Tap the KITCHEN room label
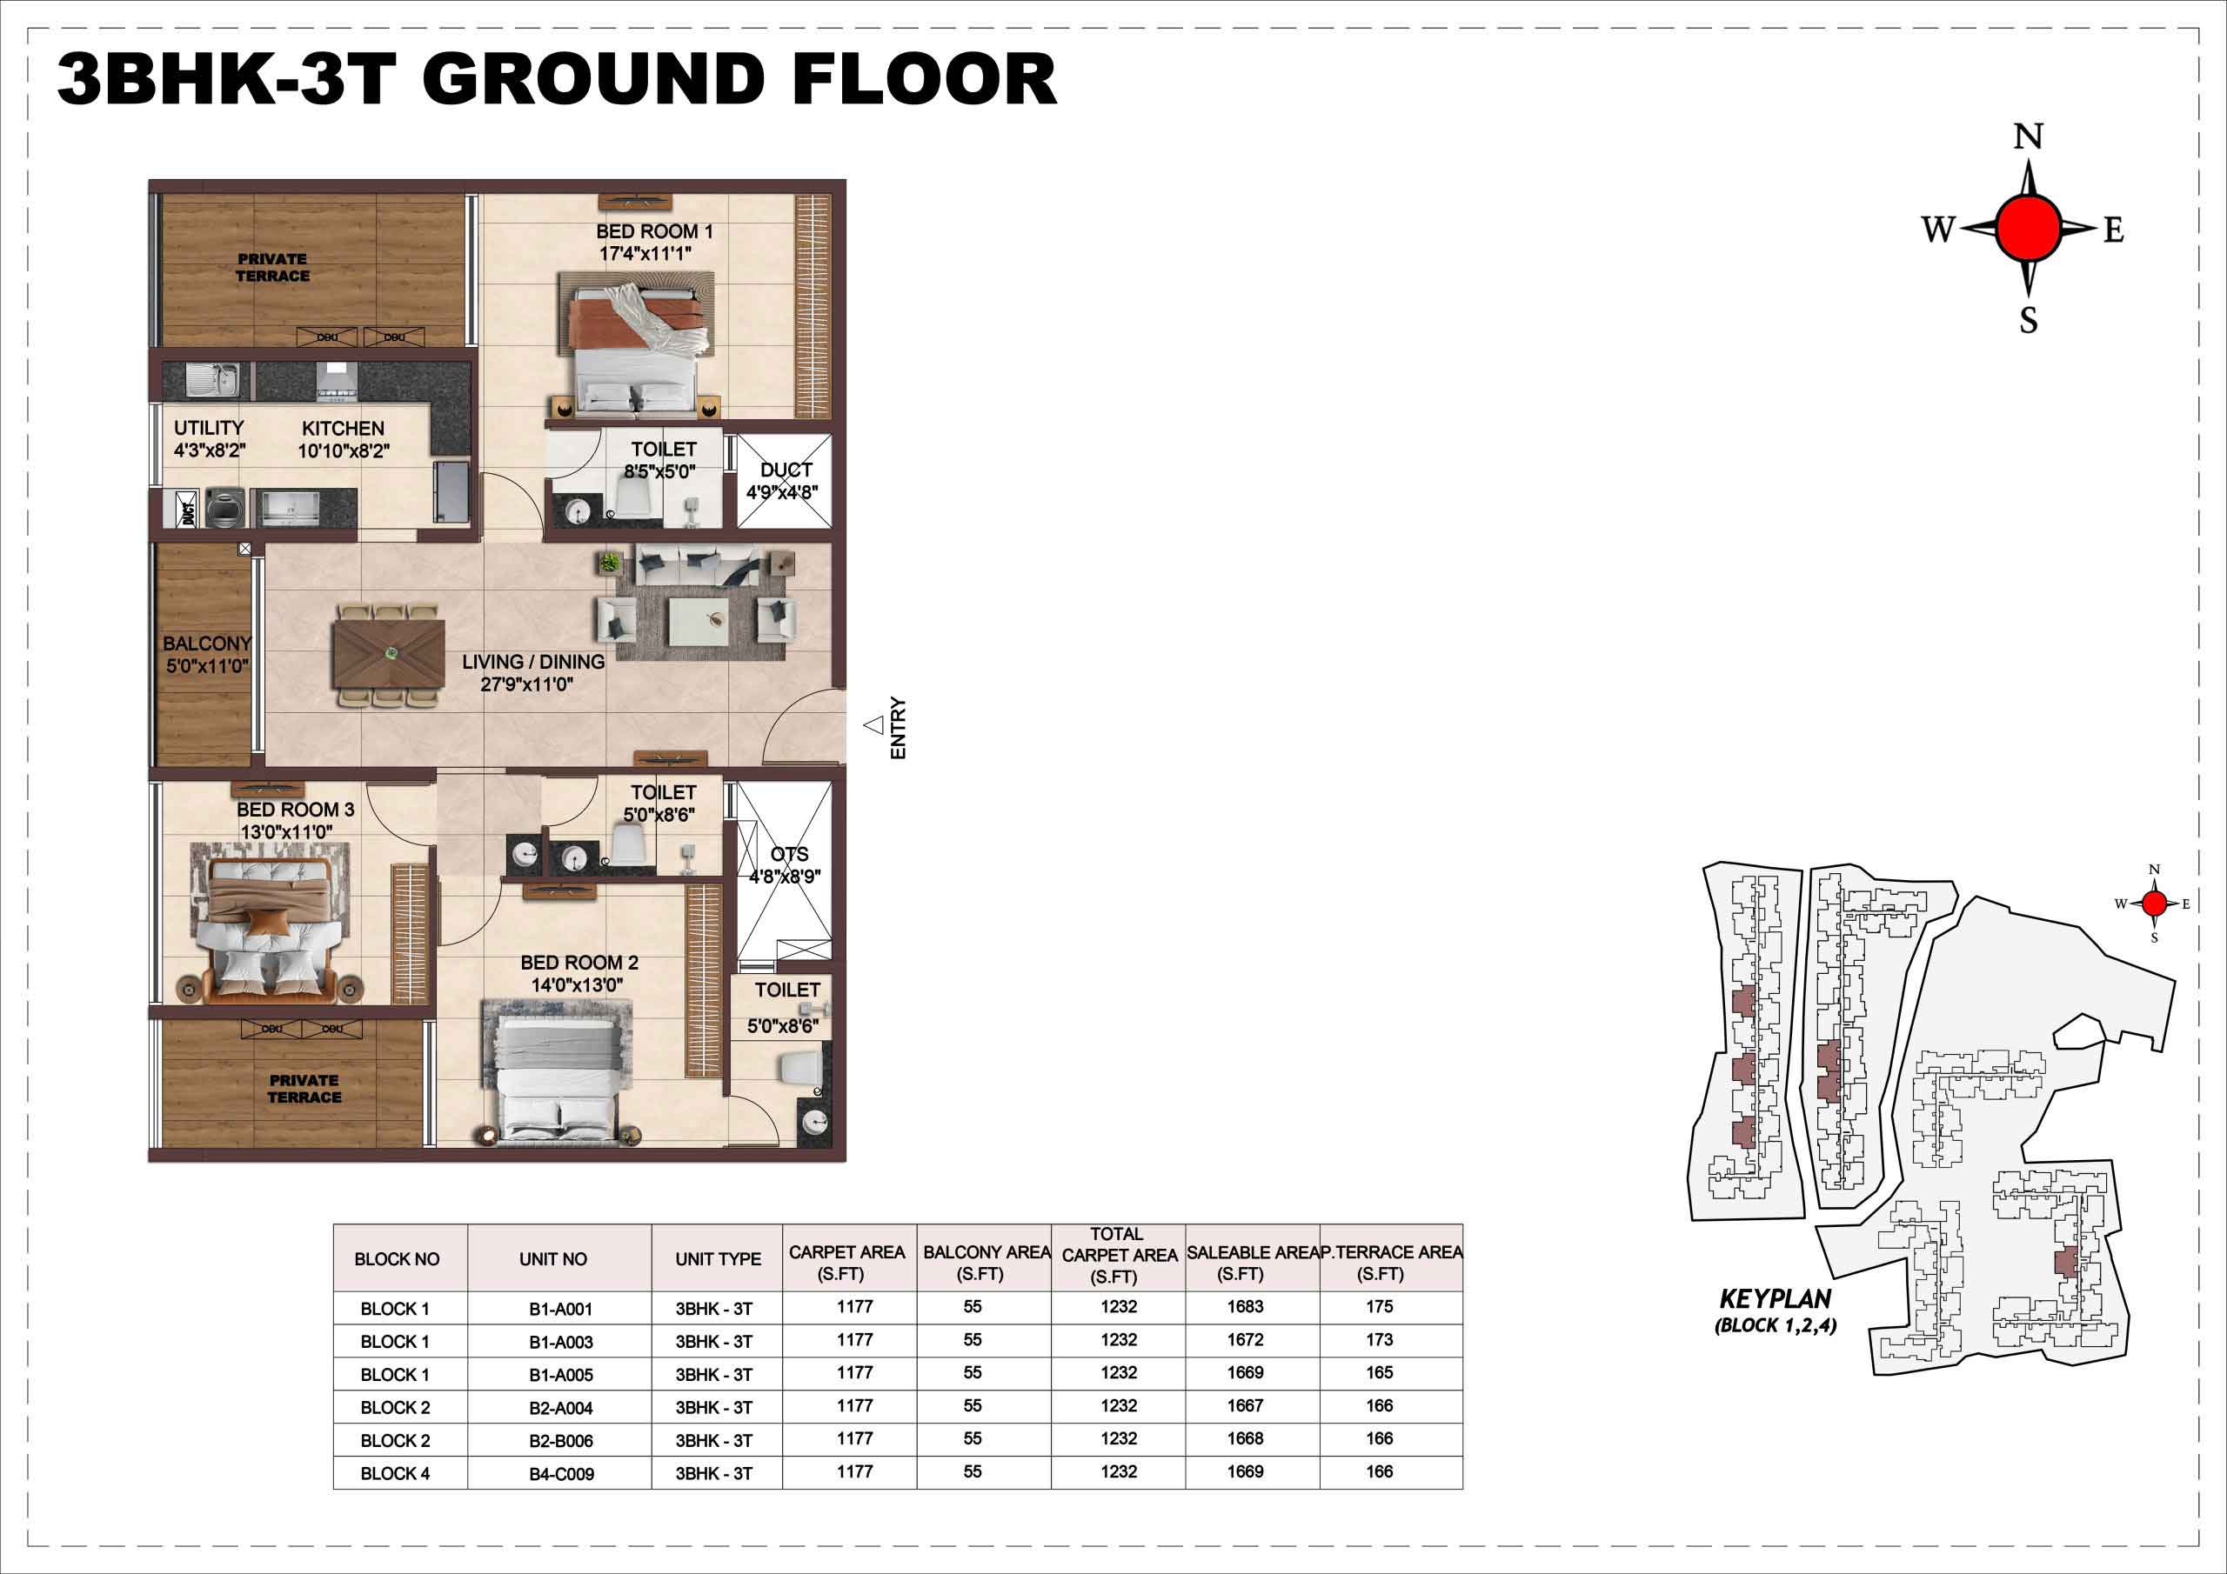343,429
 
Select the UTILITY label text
209,428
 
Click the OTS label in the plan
788,855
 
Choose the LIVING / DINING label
532,662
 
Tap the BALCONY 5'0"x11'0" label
206,655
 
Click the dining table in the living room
389,656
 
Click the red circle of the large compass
2028,228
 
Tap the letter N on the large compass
2028,137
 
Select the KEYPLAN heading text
1775,1298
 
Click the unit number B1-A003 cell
560,1342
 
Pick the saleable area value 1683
1246,1306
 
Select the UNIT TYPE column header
718,1259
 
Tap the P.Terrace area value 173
1380,1339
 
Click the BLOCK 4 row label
395,1473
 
